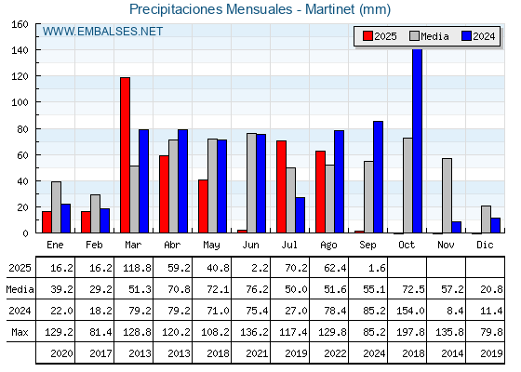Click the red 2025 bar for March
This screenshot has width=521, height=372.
[x=125, y=155]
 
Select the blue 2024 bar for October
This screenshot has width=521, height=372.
[x=417, y=140]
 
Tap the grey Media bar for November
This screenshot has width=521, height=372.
[x=447, y=195]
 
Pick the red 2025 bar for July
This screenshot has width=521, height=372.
[x=281, y=187]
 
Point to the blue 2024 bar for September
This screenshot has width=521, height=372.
[x=378, y=177]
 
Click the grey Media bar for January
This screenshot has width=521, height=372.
[x=56, y=207]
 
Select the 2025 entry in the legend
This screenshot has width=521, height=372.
[x=380, y=36]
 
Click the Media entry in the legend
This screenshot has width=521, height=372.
[x=429, y=36]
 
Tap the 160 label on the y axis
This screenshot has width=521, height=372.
[x=20, y=24]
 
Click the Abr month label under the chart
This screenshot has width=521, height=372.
[x=172, y=246]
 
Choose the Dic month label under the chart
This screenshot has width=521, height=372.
[x=485, y=246]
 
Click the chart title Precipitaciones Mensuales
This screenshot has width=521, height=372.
[x=211, y=9]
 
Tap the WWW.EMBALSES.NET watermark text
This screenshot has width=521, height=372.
[x=102, y=32]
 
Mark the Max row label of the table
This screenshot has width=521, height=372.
[x=20, y=332]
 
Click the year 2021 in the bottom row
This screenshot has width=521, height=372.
[x=257, y=353]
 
